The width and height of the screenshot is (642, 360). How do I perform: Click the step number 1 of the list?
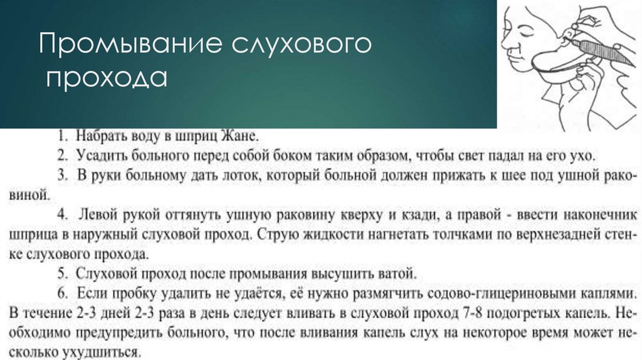63,136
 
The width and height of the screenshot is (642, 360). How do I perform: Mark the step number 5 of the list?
63,273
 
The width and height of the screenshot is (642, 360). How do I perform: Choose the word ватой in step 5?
396,273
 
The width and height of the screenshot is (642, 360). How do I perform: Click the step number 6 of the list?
63,293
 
